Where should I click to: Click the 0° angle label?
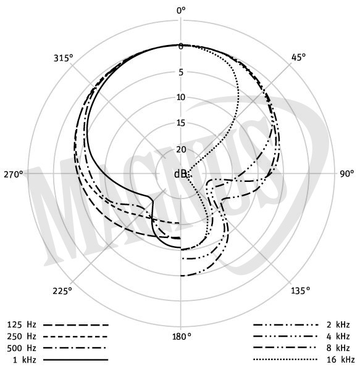coord(181,10)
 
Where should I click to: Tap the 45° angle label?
coord(298,57)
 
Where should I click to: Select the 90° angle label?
coord(347,173)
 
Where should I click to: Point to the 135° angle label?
coord(300,290)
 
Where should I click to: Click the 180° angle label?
coord(182,337)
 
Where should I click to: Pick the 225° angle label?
coord(62,291)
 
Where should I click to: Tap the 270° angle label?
coord(14,175)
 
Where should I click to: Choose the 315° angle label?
coord(64,58)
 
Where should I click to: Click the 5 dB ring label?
coord(181,72)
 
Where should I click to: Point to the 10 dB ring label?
coord(181,97)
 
